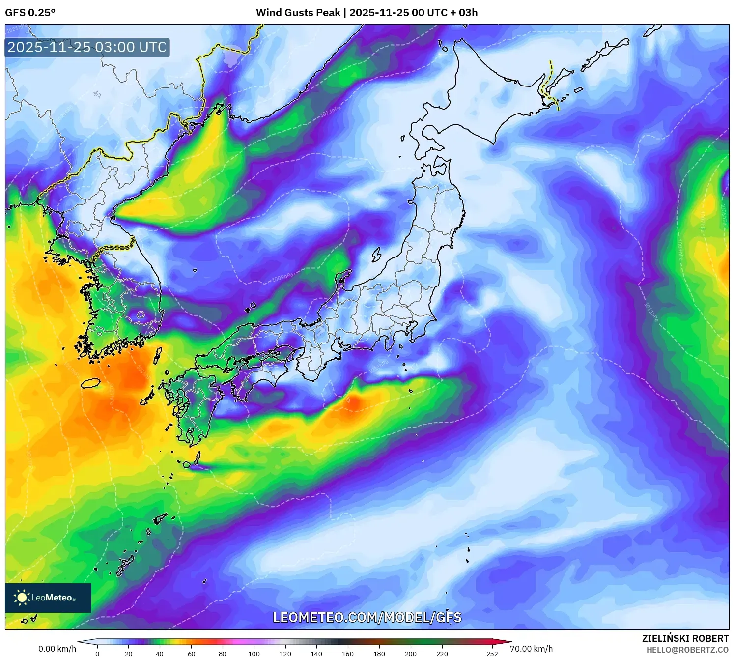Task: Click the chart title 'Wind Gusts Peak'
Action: [x=298, y=12]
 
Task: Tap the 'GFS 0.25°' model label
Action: [x=30, y=12]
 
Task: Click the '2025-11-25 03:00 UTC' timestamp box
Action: [x=87, y=47]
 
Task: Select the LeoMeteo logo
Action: [x=48, y=598]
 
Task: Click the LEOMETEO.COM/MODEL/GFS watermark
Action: [x=367, y=617]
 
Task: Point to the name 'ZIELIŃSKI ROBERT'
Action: [x=685, y=638]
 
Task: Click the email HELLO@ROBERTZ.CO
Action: [x=687, y=650]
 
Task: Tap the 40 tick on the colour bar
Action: [x=160, y=654]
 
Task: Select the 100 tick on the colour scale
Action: [x=254, y=654]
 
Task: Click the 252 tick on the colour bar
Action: [x=492, y=654]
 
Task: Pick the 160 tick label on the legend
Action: [x=348, y=654]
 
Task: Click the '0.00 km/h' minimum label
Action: [x=57, y=649]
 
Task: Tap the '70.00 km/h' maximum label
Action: [x=531, y=649]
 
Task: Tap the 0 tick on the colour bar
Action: [x=97, y=654]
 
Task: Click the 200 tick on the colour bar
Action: [x=411, y=654]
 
